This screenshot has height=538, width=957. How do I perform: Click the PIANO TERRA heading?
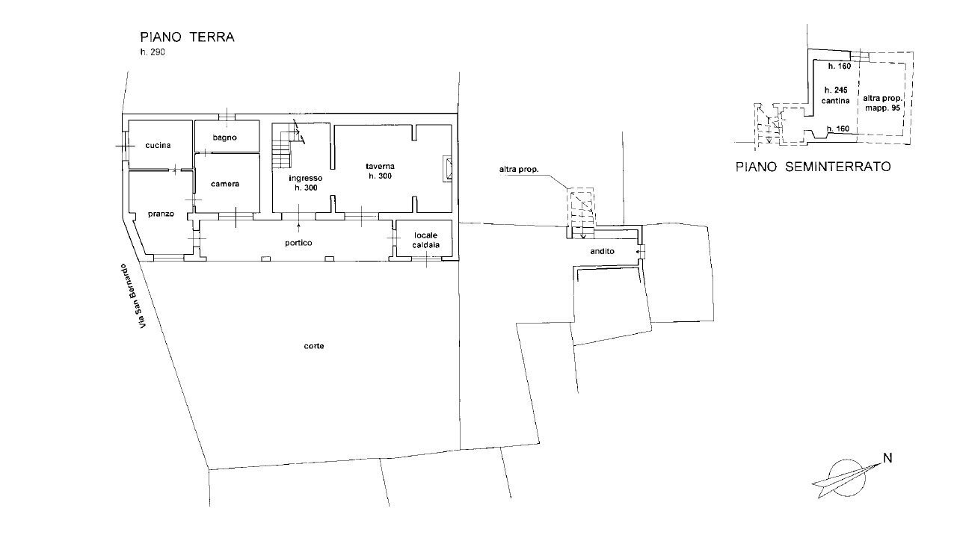pos(187,37)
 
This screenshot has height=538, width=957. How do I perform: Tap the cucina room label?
pos(159,145)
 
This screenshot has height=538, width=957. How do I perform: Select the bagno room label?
pos(224,137)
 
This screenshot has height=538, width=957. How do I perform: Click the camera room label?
pos(224,184)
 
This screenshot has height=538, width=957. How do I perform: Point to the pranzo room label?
pos(161,214)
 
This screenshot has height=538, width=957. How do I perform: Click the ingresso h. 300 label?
pos(306,183)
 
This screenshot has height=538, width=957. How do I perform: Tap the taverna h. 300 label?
pos(380,170)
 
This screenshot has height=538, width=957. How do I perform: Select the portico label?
pos(298,243)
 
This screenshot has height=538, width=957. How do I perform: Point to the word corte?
pos(314,346)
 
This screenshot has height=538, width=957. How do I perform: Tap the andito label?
pos(602,252)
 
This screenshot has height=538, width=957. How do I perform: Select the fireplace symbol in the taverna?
pos(447,169)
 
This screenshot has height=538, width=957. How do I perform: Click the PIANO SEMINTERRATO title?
pos(813,167)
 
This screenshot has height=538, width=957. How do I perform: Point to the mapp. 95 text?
pos(884,108)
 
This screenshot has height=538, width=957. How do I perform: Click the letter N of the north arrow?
pos(887,458)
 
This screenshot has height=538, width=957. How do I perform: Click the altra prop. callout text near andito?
pos(520,170)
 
